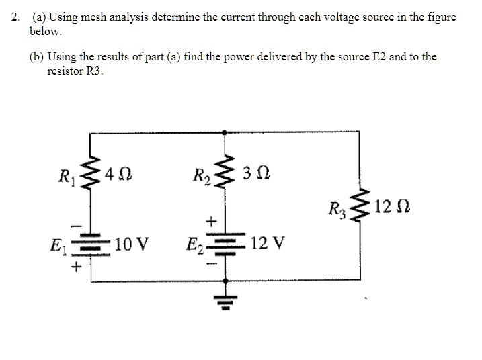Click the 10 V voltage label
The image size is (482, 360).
(x=131, y=244)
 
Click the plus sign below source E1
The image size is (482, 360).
(x=77, y=267)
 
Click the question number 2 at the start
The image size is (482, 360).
(x=15, y=17)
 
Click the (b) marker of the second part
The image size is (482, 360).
(x=36, y=57)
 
